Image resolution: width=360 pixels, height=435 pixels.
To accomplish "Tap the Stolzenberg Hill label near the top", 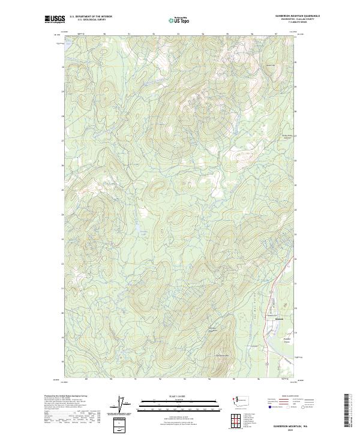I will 270,65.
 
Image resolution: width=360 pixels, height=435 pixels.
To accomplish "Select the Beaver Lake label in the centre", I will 137,227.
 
